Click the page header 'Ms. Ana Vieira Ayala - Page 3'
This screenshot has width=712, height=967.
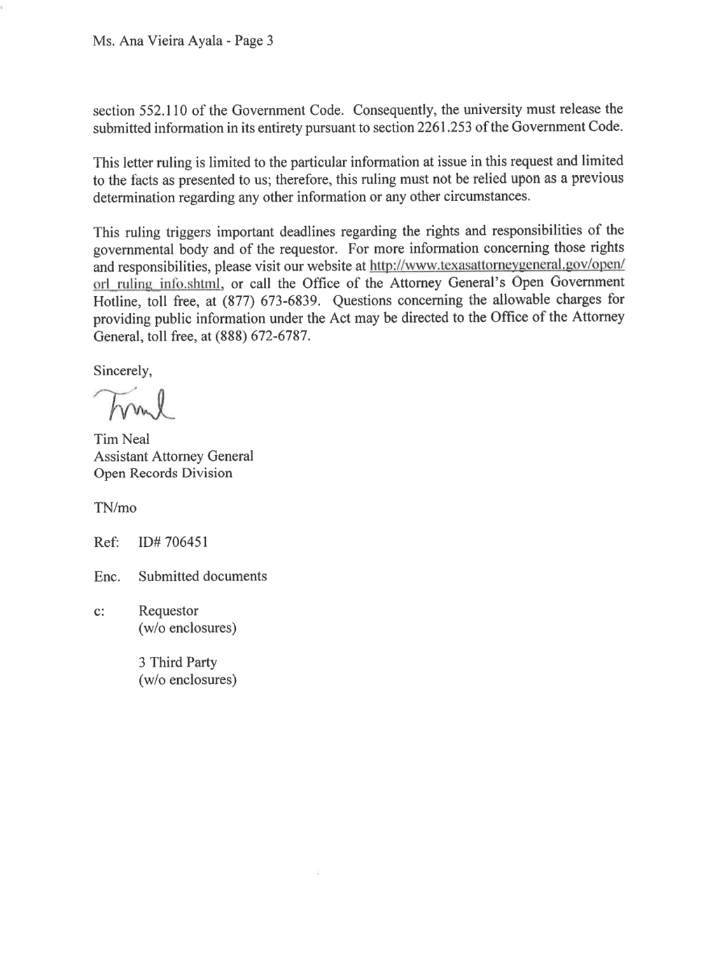183,41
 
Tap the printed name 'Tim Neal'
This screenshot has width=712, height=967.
122,439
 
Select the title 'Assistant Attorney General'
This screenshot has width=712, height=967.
174,457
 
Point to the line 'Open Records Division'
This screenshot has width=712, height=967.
163,473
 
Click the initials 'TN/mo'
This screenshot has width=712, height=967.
115,508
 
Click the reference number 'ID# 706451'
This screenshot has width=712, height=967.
173,542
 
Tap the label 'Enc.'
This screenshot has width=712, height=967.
107,576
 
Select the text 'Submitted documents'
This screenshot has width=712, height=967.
202,576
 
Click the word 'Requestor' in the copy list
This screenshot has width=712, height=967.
168,611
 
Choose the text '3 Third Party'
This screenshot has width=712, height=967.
178,662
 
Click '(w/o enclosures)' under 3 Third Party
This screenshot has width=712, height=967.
187,679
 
